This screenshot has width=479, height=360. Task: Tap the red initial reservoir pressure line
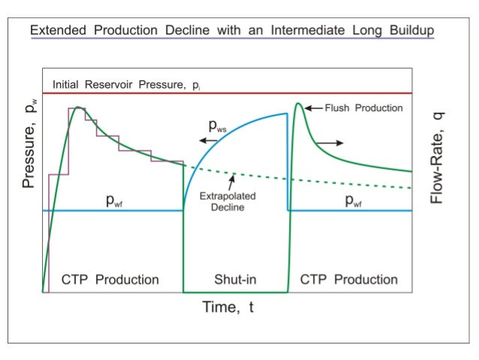click(x=225, y=93)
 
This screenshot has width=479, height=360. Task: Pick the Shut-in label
click(x=235, y=280)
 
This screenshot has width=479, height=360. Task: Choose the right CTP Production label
click(x=348, y=280)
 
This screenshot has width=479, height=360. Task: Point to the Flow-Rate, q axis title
click(x=437, y=157)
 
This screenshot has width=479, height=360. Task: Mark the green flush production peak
click(x=299, y=104)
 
